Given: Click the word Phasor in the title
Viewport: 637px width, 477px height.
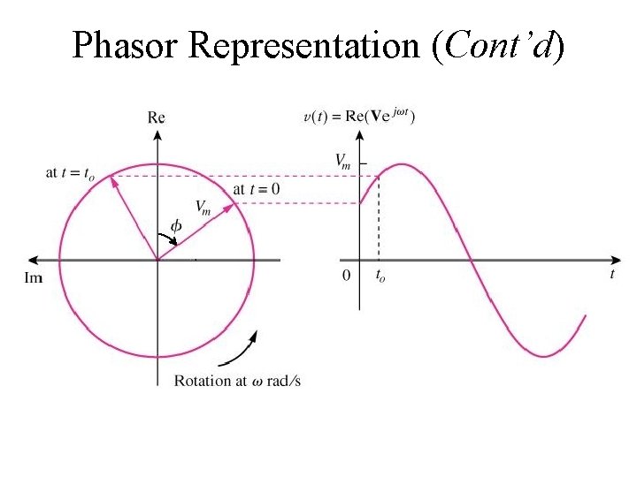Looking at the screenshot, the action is click(x=127, y=45).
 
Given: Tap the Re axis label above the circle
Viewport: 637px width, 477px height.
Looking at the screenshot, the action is click(x=157, y=117).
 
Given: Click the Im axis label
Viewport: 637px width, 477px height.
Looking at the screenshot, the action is click(x=34, y=278).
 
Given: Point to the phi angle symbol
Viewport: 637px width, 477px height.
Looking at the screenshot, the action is click(x=175, y=226).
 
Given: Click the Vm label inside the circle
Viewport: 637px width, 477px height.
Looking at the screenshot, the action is click(x=202, y=208).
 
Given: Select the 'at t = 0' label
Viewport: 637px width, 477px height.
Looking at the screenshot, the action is click(x=257, y=189).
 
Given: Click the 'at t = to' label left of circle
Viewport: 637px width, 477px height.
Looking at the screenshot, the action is click(x=70, y=173).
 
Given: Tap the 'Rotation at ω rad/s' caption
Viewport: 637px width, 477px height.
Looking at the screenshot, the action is click(x=237, y=381).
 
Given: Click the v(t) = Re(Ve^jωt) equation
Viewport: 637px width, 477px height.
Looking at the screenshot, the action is click(x=359, y=117).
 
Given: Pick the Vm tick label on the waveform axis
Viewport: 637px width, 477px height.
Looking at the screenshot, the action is click(x=343, y=161).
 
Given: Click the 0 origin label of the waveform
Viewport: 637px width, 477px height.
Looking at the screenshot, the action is click(x=347, y=275).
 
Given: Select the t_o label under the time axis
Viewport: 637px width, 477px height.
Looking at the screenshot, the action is click(x=380, y=276).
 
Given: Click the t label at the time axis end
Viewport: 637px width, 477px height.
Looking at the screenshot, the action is click(x=612, y=275).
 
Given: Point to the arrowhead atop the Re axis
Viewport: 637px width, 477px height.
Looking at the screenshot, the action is click(x=157, y=134).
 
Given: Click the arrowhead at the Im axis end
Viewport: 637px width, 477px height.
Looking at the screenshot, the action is click(x=34, y=260).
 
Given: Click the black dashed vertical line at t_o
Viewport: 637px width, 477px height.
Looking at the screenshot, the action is click(x=380, y=221).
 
